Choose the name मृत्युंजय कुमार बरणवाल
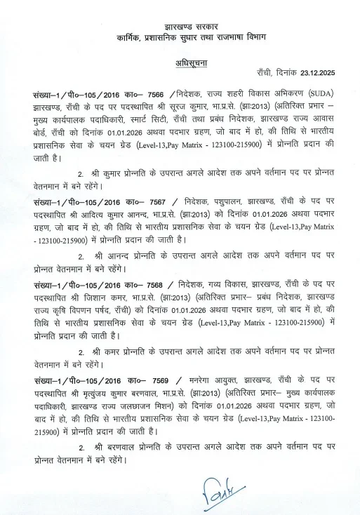pos(138,392)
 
